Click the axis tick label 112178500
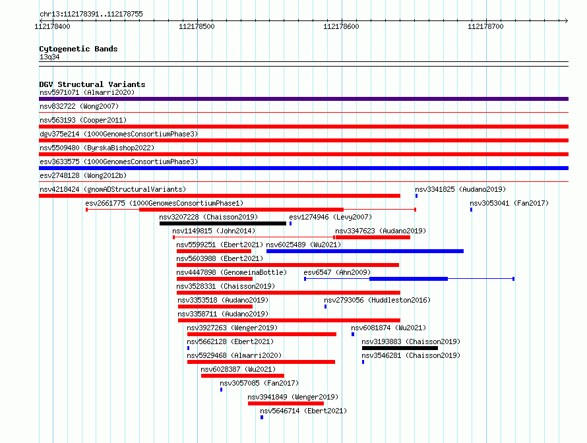[x=197, y=26]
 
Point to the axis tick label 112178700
[x=485, y=26]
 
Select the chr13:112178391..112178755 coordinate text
[x=91, y=15]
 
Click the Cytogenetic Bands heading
[x=78, y=49]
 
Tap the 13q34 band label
[x=49, y=57]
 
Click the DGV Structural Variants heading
[x=92, y=84]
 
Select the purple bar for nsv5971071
[x=303, y=99]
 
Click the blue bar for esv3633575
[x=303, y=168]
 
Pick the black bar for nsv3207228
[x=223, y=223]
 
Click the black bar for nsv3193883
[x=400, y=348]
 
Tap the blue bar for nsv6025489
[x=365, y=251]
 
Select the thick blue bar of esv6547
[x=408, y=279]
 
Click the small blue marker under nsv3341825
[x=416, y=196]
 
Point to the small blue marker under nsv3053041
[x=471, y=210]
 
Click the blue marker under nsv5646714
[x=262, y=417]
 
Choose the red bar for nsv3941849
[x=286, y=403]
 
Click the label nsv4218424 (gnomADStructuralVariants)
[x=113, y=189]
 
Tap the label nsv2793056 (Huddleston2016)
[x=377, y=300]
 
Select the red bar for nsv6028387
[x=243, y=376]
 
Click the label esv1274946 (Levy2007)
[x=330, y=217]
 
